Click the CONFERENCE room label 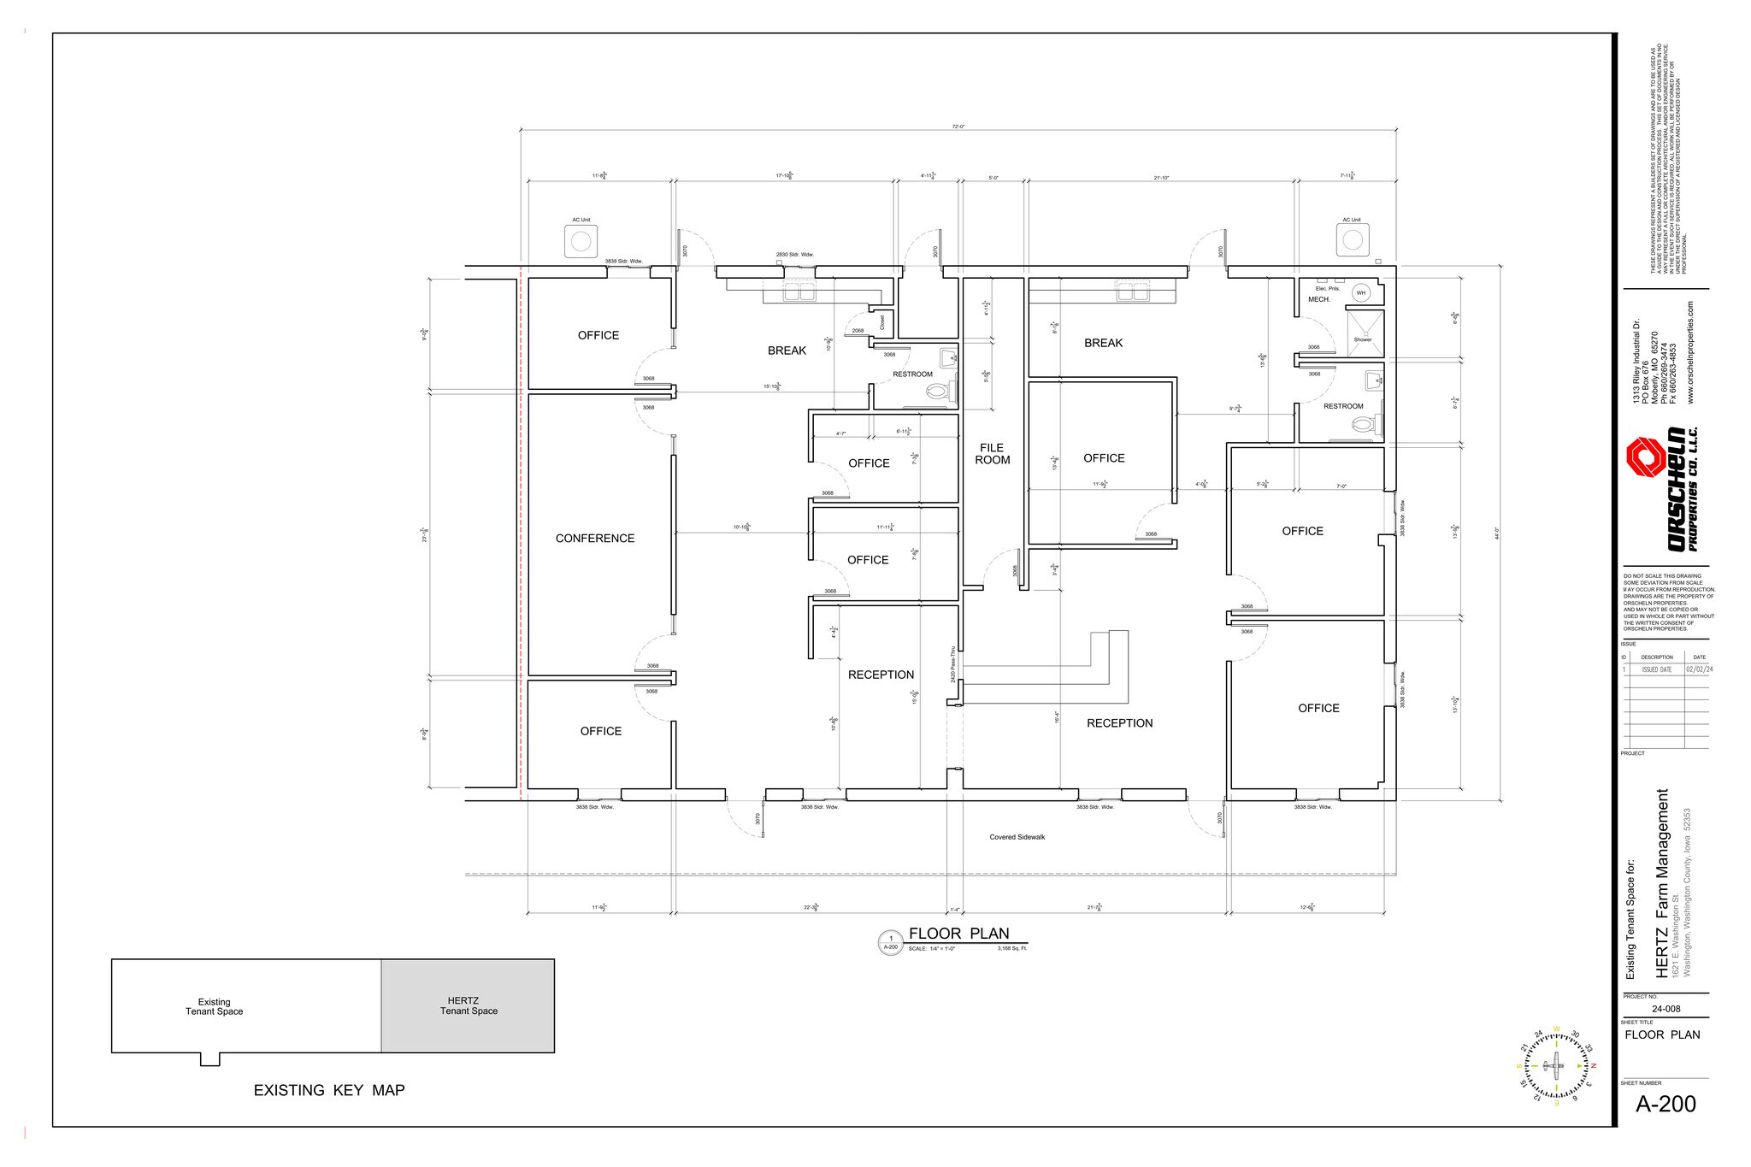[x=595, y=539]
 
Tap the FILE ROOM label [x=992, y=454]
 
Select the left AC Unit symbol [x=581, y=242]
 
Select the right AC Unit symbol [x=1352, y=240]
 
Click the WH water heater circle [x=1361, y=293]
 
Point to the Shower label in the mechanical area [x=1362, y=339]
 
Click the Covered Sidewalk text [x=1017, y=837]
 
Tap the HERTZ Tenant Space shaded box [x=468, y=1006]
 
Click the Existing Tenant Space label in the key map [x=215, y=1007]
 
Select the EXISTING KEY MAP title [x=329, y=1091]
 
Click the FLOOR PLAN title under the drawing [x=958, y=934]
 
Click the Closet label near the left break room [x=882, y=322]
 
